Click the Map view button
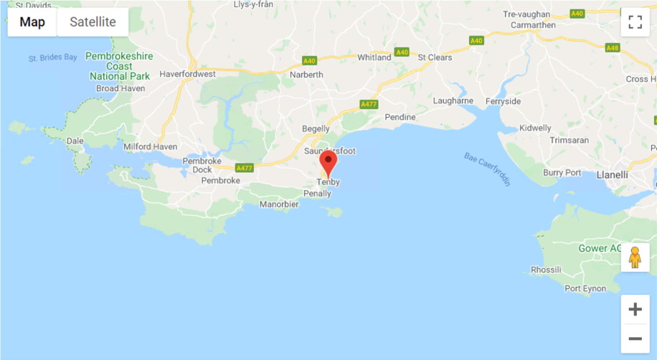(32, 22)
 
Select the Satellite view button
(93, 22)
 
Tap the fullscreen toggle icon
(635, 22)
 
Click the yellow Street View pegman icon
(635, 257)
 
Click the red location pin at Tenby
(328, 163)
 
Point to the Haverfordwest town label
(187, 74)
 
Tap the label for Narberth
(306, 75)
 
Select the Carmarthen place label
(533, 25)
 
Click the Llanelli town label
(612, 174)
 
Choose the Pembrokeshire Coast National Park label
(119, 65)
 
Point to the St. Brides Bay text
(52, 57)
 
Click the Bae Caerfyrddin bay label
(487, 169)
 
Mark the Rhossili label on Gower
(547, 270)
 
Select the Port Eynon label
(585, 289)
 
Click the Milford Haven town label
(150, 147)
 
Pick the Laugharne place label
(453, 101)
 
